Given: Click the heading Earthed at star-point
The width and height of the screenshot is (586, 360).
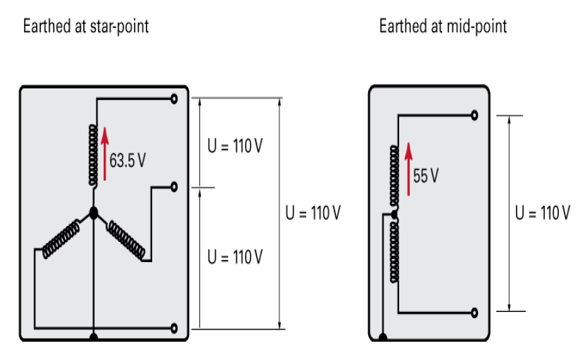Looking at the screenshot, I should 86,27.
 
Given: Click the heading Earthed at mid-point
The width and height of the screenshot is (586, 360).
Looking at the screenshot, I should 443,27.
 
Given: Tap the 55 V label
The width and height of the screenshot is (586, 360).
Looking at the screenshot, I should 426,176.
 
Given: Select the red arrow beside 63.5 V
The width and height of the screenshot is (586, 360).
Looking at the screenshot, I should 105,153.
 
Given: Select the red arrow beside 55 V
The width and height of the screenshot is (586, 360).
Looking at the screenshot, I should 409,168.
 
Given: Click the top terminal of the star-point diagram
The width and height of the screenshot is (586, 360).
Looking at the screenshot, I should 174,99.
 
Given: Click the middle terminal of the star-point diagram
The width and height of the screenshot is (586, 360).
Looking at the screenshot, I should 174,187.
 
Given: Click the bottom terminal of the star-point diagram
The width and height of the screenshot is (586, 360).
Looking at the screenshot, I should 174,328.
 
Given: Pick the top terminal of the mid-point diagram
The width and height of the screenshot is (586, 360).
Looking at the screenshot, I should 474,115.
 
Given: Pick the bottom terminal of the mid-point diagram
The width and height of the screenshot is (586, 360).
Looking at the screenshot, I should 474,313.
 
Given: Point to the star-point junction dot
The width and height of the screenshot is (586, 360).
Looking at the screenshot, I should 93,213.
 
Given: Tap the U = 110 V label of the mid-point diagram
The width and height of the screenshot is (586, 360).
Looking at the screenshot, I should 542,213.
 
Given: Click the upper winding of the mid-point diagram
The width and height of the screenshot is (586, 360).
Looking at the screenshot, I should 395,176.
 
